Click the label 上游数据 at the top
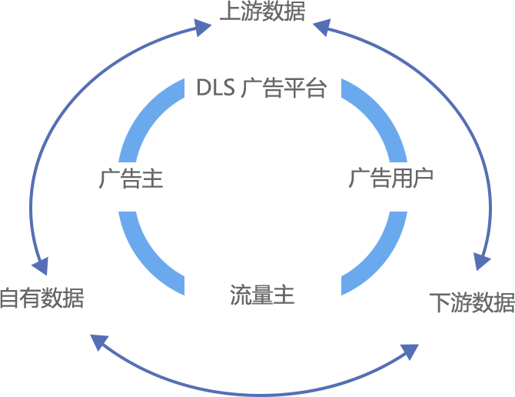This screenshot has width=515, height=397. (x=262, y=11)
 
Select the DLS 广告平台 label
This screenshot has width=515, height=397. (x=262, y=88)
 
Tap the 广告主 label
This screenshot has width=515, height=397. (x=131, y=179)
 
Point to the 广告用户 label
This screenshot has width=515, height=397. (x=391, y=179)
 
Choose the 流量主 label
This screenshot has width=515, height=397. (x=262, y=295)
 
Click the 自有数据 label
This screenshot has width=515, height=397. (x=42, y=299)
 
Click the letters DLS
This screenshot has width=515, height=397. (x=215, y=88)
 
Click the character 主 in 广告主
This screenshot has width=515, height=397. (x=152, y=179)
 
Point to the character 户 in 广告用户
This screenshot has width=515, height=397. (x=424, y=179)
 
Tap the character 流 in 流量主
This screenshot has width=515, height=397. (x=241, y=295)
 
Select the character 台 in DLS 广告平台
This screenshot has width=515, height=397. (x=317, y=88)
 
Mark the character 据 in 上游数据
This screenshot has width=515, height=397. (x=294, y=11)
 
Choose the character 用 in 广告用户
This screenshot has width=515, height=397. (x=402, y=179)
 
